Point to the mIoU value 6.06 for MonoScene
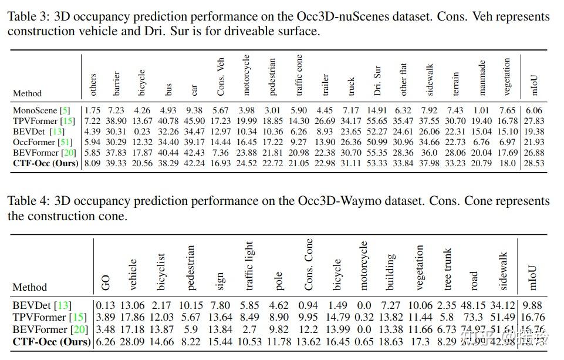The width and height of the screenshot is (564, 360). coord(534,110)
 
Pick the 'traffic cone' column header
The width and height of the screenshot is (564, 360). coord(299,76)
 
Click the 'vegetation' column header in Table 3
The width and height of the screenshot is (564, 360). coord(507,76)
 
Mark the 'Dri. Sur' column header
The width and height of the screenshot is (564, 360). coord(377,80)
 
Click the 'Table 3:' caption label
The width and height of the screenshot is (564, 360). coord(27,16)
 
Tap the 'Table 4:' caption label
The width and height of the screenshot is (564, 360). coord(27,201)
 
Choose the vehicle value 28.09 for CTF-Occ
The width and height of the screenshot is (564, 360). coord(133,342)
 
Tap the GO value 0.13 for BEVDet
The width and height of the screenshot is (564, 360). coord(106,305)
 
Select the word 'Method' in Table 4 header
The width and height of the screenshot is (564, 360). coord(30,287)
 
